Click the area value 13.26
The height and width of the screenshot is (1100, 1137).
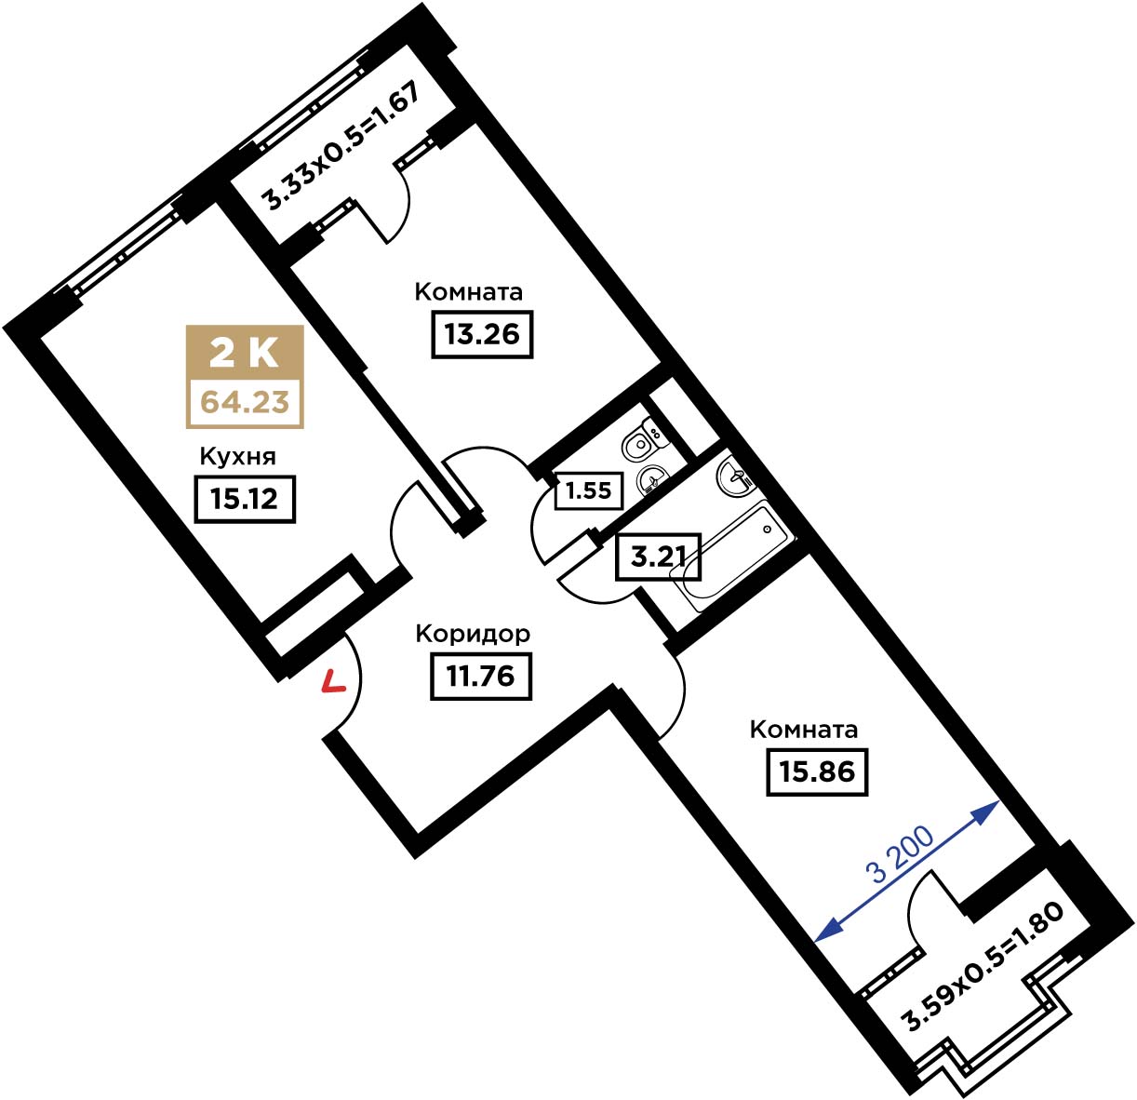tap(481, 334)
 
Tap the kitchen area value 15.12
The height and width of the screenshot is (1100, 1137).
tap(244, 499)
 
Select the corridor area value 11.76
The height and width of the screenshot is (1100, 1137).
tap(480, 676)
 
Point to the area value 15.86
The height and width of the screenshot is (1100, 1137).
tap(817, 771)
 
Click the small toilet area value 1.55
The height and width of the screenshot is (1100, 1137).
tap(588, 490)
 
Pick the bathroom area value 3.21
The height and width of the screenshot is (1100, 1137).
tap(657, 557)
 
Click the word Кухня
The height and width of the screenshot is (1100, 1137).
tap(238, 457)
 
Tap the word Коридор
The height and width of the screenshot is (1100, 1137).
tap(473, 633)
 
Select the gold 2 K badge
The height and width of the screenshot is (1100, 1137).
tap(245, 353)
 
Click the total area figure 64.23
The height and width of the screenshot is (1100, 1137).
tap(245, 402)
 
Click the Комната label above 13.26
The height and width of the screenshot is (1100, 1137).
tap(469, 291)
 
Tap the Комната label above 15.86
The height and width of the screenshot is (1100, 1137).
tap(803, 729)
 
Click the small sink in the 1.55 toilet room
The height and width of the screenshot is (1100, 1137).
tap(652, 480)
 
